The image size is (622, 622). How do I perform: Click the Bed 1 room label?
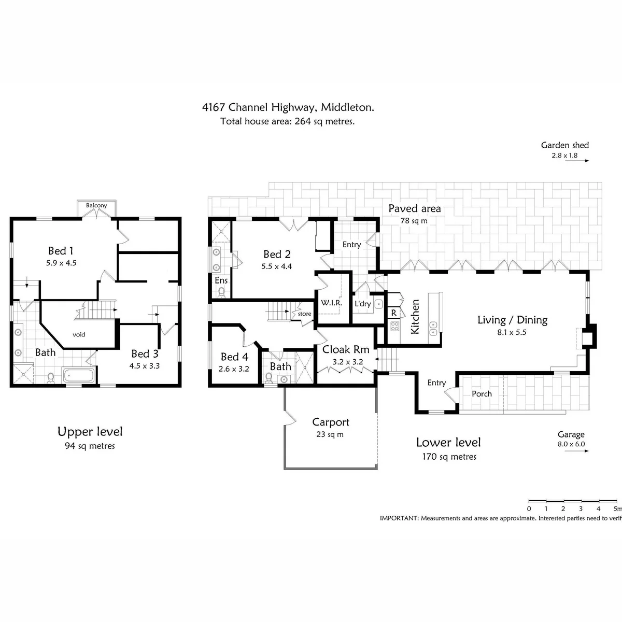pos(61,251)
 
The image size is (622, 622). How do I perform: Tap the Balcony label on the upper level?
pos(96,205)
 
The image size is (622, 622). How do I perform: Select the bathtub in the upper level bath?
pos(79,375)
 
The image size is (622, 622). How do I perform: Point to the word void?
pos(79,334)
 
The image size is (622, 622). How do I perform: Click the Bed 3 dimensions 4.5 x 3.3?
pos(145,366)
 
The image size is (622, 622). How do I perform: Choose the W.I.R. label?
pos(331,303)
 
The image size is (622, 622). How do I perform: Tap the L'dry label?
pos(362,304)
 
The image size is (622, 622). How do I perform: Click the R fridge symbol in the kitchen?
pos(394,313)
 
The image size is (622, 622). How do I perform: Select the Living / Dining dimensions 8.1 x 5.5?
pos(512,332)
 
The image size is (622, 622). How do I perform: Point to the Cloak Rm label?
pos(346,349)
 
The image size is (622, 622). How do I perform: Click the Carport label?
pos(331,422)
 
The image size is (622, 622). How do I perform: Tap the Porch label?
pos(482,394)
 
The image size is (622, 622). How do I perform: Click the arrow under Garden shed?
pos(577,161)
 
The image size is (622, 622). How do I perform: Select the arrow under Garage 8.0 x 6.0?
pos(576,451)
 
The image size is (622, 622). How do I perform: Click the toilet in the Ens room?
pos(221,292)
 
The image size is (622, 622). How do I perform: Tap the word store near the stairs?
pos(304,314)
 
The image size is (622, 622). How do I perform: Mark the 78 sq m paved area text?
pos(414,221)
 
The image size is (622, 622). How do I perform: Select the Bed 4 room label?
pos(234,357)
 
